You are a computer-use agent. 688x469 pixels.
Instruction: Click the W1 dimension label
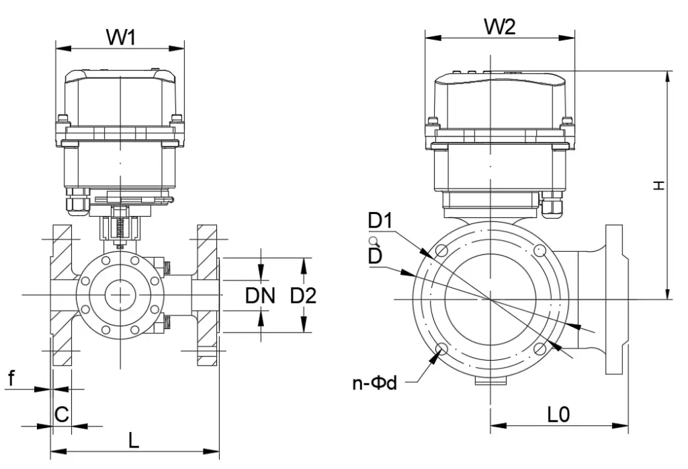coord(121,38)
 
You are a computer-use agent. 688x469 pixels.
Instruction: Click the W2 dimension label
coord(500,27)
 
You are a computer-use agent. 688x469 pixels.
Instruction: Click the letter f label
coord(11,378)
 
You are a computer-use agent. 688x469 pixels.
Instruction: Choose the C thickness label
coord(61,414)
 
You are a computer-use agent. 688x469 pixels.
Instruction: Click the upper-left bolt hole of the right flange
coord(441,251)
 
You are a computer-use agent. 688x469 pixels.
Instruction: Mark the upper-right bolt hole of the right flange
coord(540,251)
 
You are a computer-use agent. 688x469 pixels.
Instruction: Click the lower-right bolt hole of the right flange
coord(540,348)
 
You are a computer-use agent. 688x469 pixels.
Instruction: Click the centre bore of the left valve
coord(120,295)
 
